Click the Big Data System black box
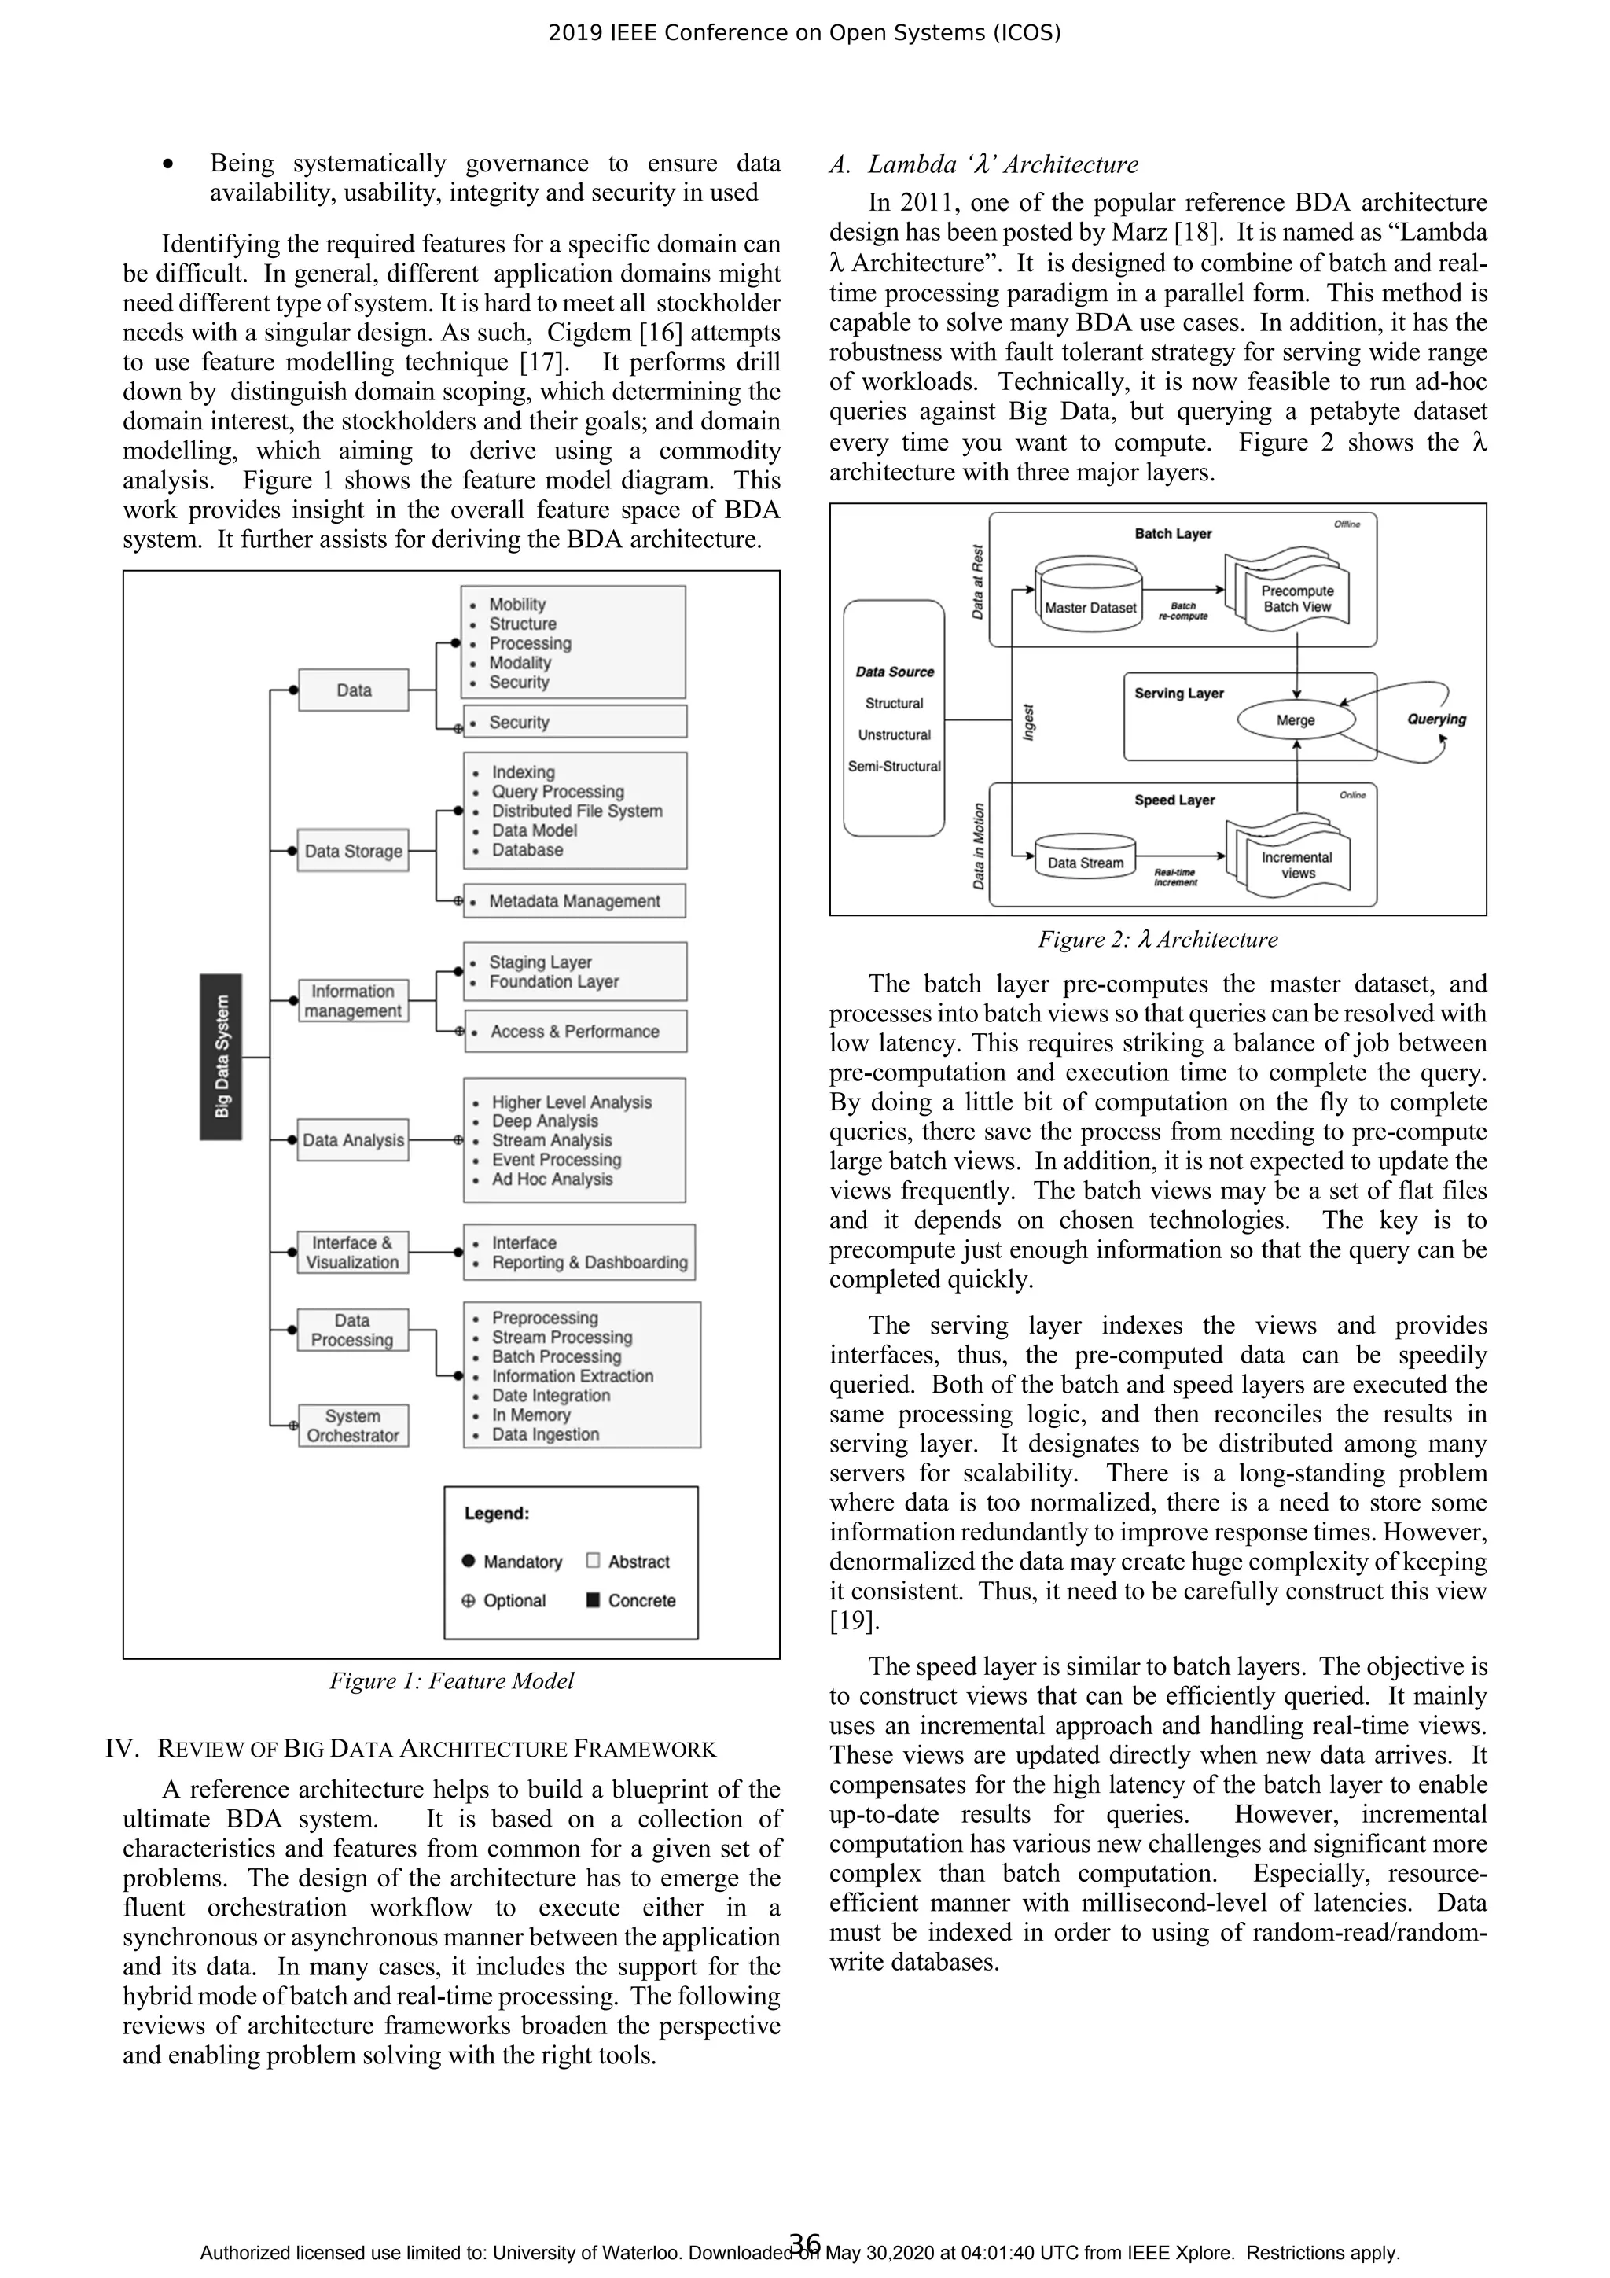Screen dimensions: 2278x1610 (x=220, y=1057)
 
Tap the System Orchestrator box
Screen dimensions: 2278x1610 (x=353, y=1426)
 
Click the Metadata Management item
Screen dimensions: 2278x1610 (x=575, y=901)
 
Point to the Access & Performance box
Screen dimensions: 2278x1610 (x=575, y=1032)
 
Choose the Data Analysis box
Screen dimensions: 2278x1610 (x=353, y=1141)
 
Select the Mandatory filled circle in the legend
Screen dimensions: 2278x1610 (x=469, y=1561)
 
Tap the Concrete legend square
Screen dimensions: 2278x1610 (x=594, y=1600)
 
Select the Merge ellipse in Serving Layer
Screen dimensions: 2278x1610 (x=1295, y=720)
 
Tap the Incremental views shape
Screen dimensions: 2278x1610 (x=1296, y=864)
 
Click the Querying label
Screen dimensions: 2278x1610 (x=1435, y=719)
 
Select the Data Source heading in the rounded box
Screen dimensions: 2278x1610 (x=894, y=672)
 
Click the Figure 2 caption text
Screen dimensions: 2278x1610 (x=1158, y=940)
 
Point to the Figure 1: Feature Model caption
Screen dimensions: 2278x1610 (x=451, y=1680)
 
